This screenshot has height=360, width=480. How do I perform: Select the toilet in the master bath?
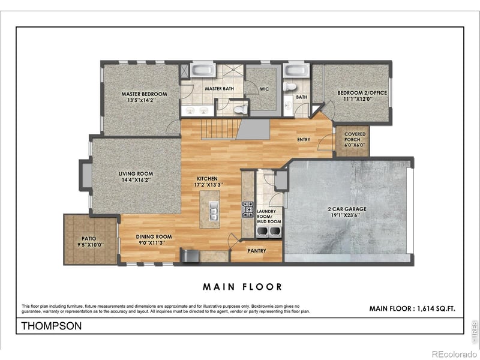click(241, 109)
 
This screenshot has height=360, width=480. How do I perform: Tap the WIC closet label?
click(263, 89)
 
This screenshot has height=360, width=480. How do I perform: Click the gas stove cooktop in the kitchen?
click(247, 209)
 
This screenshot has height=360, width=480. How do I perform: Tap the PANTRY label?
click(257, 251)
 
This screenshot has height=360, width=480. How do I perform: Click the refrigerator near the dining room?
click(190, 256)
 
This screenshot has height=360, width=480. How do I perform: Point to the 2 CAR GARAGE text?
click(347, 209)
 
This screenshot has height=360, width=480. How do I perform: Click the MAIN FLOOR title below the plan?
click(242, 287)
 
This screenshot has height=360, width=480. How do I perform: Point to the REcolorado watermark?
click(454, 353)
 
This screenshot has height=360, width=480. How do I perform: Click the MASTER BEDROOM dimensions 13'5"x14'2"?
click(144, 100)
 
